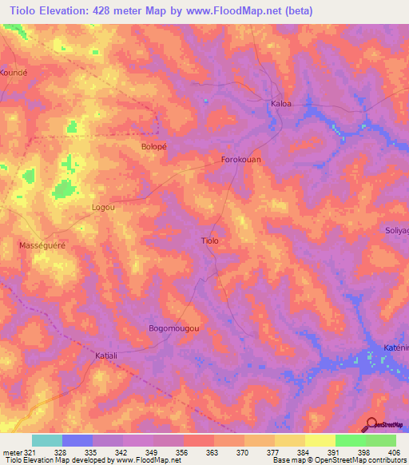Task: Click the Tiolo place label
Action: click(209, 240)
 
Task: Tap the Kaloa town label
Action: click(280, 103)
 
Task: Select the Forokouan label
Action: click(241, 160)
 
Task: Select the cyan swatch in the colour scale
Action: click(47, 440)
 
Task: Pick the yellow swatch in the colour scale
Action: click(320, 440)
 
